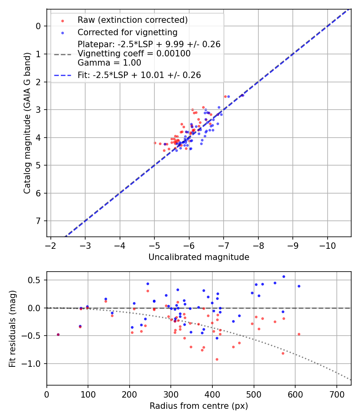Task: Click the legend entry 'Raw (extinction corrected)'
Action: pyautogui.click(x=132, y=20)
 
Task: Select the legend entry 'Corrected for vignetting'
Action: pyautogui.click(x=127, y=32)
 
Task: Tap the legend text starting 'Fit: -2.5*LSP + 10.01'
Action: pyautogui.click(x=139, y=75)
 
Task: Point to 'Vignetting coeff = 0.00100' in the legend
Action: pyautogui.click(x=134, y=54)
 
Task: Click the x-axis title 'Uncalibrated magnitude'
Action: pyautogui.click(x=199, y=257)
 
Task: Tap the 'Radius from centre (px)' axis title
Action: pyautogui.click(x=199, y=406)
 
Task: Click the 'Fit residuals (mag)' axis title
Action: pyautogui.click(x=12, y=328)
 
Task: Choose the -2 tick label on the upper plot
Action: pyautogui.click(x=51, y=245)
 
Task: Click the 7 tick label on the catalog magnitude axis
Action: pyautogui.click(x=39, y=221)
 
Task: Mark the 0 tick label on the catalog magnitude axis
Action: pyautogui.click(x=39, y=26)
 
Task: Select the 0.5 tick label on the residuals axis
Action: pyautogui.click(x=36, y=280)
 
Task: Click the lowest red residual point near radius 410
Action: pyautogui.click(x=217, y=359)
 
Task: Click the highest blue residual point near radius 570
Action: pyautogui.click(x=284, y=276)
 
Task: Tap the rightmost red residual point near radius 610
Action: pyautogui.click(x=299, y=334)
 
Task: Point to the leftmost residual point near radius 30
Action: pyautogui.click(x=58, y=334)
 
